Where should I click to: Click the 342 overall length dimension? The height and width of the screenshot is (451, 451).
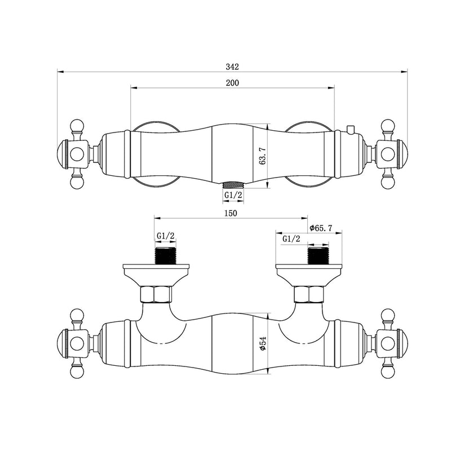coord(232,67)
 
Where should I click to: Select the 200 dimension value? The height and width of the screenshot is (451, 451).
coord(232,83)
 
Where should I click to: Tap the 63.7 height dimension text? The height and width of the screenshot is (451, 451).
coord(263,156)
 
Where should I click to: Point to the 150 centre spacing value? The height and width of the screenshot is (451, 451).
coord(231,213)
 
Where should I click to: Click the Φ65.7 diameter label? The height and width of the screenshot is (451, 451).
coord(321,228)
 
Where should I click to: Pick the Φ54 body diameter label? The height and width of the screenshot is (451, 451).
coord(263,343)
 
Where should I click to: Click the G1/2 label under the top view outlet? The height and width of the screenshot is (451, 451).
coord(233,195)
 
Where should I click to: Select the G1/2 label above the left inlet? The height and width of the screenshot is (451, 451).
coord(166,236)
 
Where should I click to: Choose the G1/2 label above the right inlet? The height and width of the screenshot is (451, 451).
coord(291,238)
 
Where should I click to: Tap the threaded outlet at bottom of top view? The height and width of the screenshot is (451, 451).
coord(233,185)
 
